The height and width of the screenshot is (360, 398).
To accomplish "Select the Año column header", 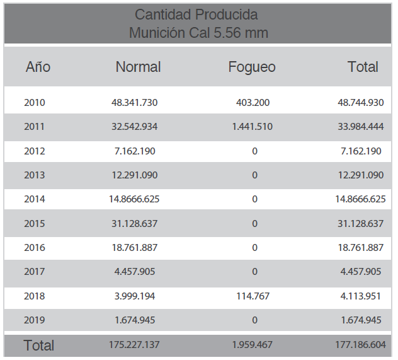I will pyautogui.click(x=38, y=67).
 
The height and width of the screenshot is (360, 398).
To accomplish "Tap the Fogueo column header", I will pyautogui.click(x=251, y=67).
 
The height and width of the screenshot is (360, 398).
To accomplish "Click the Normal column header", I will pyautogui.click(x=138, y=67).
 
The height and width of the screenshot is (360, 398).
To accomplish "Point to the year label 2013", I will pyautogui.click(x=35, y=175).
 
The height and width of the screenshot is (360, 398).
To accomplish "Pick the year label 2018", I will pyautogui.click(x=35, y=296).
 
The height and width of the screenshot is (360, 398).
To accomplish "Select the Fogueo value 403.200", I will pyautogui.click(x=254, y=102).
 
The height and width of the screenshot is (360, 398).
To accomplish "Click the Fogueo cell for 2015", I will pyautogui.click(x=254, y=223).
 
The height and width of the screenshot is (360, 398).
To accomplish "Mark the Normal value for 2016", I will pyautogui.click(x=136, y=248).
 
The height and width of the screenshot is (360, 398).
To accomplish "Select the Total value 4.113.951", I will pyautogui.click(x=360, y=296).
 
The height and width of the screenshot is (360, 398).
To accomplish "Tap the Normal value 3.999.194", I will pyautogui.click(x=136, y=296).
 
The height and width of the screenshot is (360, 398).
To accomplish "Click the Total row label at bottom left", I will pyautogui.click(x=39, y=345).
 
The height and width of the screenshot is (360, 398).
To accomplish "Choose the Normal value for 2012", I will pyautogui.click(x=136, y=151).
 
